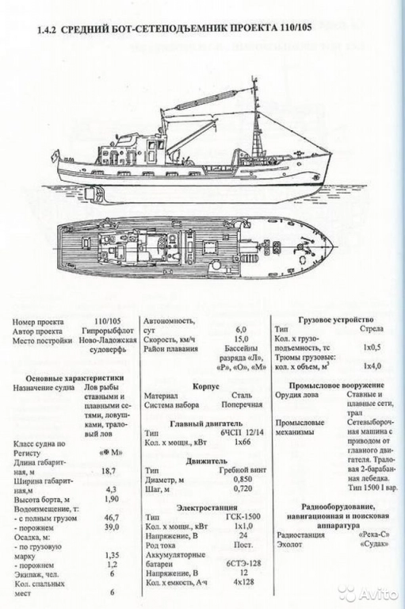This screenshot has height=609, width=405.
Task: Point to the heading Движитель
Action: tap(205, 459)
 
